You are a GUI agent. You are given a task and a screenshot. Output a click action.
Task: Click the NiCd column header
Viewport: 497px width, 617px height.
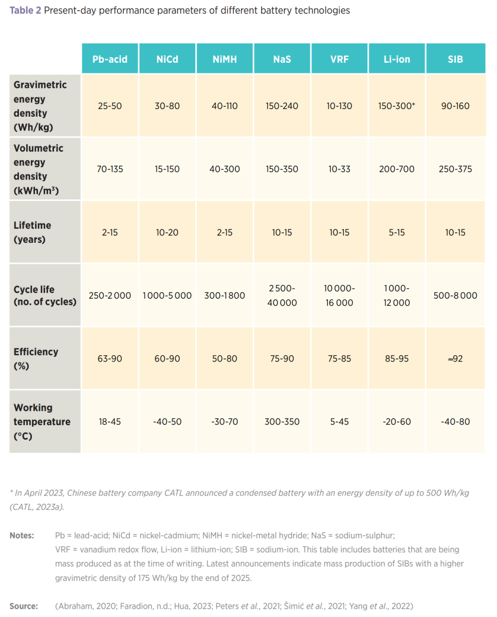[167, 59]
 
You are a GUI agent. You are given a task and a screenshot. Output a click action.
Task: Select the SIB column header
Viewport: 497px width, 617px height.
[455, 59]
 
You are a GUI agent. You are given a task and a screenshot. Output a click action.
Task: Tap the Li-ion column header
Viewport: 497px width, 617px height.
[397, 59]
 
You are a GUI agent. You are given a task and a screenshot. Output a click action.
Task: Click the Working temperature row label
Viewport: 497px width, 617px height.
[42, 422]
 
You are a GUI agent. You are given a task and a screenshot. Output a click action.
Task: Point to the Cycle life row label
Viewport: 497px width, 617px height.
[45, 296]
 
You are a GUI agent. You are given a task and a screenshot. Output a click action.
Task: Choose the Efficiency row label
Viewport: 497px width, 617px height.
[36, 358]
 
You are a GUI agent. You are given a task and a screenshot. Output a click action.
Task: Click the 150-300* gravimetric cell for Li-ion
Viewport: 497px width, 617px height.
[397, 106]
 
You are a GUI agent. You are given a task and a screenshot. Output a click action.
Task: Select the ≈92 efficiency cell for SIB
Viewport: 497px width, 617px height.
[455, 358]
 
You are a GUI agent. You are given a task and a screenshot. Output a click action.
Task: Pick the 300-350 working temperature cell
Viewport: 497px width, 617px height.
[282, 422]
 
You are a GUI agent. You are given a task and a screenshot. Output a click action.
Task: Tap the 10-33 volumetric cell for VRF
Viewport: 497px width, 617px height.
[339, 169]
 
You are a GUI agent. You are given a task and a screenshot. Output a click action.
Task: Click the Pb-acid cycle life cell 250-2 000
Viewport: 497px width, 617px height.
[109, 296]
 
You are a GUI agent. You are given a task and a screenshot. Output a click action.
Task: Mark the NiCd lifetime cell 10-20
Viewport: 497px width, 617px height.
[167, 232]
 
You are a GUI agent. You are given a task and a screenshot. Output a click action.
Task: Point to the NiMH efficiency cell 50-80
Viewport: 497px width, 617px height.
[225, 358]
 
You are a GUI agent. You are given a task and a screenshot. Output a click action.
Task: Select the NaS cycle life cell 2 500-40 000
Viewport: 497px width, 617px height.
[282, 296]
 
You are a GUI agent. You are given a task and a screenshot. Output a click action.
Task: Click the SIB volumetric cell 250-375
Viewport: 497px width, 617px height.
[455, 169]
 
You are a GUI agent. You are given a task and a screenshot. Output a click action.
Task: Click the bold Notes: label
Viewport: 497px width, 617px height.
[22, 535]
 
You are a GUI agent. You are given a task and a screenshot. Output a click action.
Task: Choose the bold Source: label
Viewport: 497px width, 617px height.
[24, 606]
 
